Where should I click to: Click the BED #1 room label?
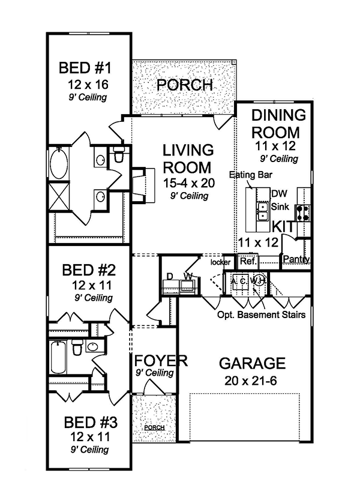pyautogui.click(x=88, y=66)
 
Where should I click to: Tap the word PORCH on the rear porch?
pyautogui.click(x=184, y=85)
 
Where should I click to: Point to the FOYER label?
pyautogui.click(x=161, y=361)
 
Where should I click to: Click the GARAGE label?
pyautogui.click(x=251, y=363)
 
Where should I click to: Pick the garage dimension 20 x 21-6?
pyautogui.click(x=251, y=381)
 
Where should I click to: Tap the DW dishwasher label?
pyautogui.click(x=278, y=194)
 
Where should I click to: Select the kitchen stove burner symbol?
pyautogui.click(x=304, y=211)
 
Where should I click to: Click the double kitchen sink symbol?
pyautogui.click(x=263, y=210)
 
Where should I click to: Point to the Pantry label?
pyautogui.click(x=296, y=260)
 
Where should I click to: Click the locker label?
pyautogui.click(x=220, y=262)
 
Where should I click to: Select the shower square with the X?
pyautogui.click(x=59, y=196)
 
